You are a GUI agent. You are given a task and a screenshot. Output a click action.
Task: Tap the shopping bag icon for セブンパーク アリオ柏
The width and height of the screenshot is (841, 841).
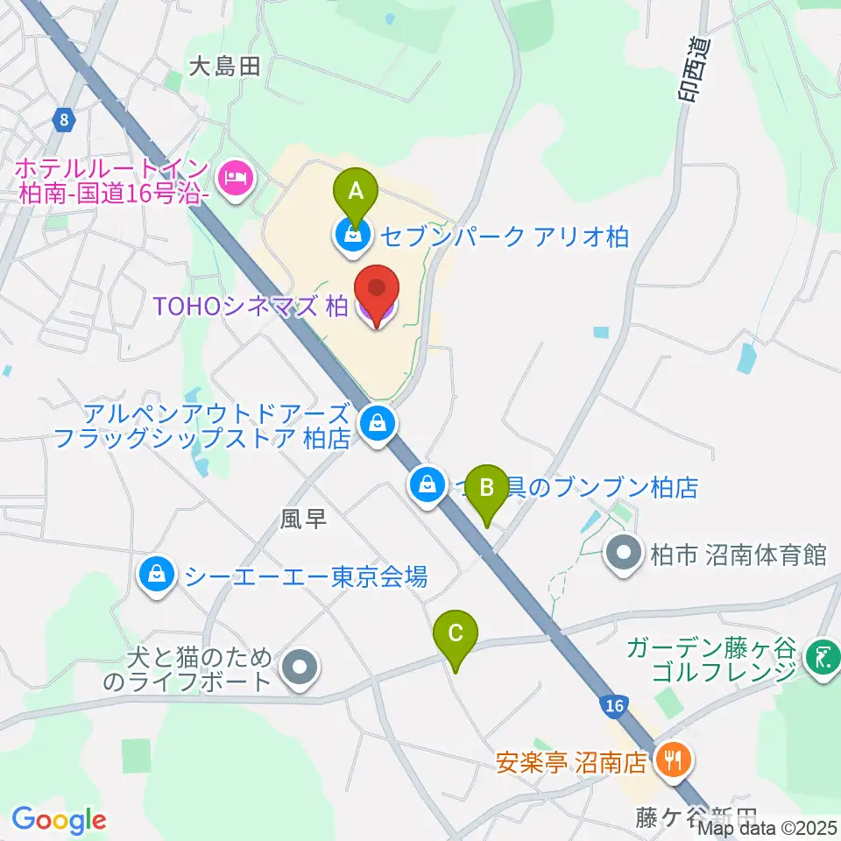(x=351, y=236)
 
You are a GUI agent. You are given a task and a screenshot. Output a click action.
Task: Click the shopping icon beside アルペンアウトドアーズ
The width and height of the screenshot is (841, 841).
(x=378, y=425)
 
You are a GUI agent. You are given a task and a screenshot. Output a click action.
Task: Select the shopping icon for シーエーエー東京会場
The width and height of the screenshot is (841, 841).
(x=156, y=576)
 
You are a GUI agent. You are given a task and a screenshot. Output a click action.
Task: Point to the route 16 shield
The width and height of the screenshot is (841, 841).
(x=615, y=706)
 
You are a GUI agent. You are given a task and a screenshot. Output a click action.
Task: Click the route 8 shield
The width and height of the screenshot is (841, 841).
(x=64, y=120)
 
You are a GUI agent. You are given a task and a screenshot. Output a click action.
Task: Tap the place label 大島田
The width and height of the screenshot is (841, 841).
(x=225, y=67)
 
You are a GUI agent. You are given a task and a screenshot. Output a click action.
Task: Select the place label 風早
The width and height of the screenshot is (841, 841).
(x=303, y=519)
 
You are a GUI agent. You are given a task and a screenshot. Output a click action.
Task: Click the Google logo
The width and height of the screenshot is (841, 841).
(x=58, y=821)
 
